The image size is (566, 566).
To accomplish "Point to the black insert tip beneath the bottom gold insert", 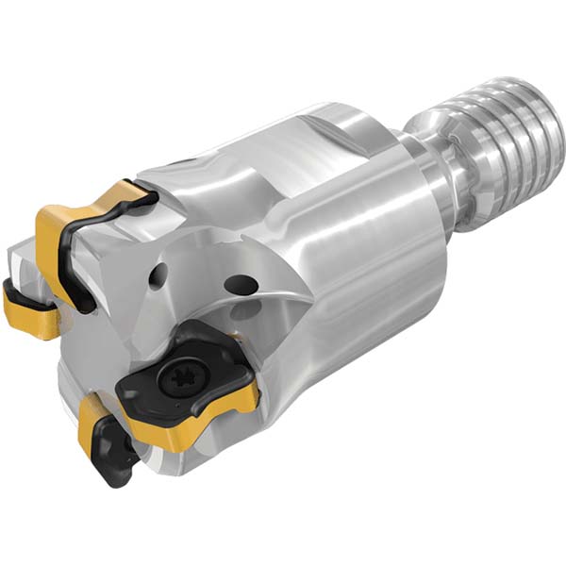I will (x=115, y=462).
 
